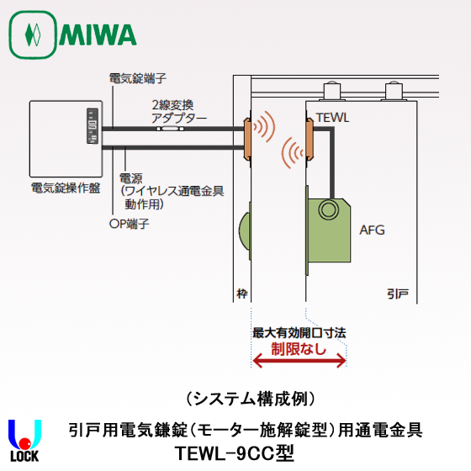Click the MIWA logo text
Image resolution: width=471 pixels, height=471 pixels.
point(98,35)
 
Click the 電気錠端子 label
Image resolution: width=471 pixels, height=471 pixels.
point(138,77)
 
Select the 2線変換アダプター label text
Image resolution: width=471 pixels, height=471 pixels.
point(178,112)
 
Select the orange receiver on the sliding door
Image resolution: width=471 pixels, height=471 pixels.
point(309,138)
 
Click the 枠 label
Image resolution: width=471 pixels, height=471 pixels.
point(241,296)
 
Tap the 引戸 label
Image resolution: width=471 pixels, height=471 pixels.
point(398,296)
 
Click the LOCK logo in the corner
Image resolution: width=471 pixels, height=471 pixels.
point(24,441)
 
